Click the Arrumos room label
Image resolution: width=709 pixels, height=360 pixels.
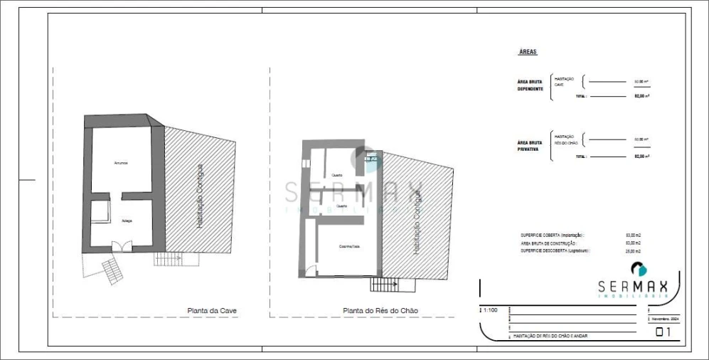tap(121, 164)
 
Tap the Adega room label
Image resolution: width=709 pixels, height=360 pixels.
tap(126, 221)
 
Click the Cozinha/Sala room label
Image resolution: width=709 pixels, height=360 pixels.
tap(349, 246)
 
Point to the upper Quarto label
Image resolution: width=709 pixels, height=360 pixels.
tap(337, 175)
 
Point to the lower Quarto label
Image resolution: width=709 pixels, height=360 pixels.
tap(342, 206)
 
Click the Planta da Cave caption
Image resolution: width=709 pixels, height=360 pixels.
tap(212, 310)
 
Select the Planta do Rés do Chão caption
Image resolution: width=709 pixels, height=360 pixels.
tap(380, 310)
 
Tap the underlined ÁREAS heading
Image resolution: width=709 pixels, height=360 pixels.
tap(528, 53)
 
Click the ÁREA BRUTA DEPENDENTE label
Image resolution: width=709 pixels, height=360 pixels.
tap(531, 85)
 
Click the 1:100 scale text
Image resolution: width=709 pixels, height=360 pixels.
tap(491, 311)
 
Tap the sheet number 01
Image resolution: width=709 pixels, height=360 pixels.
tap(663, 332)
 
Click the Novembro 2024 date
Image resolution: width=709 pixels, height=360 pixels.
tap(666, 319)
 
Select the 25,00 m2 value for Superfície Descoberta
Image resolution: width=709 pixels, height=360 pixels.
tap(633, 251)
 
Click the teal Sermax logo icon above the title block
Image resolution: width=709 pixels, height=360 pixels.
tap(638, 269)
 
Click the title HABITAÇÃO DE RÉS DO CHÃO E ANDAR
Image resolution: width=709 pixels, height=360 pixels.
tap(550, 336)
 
